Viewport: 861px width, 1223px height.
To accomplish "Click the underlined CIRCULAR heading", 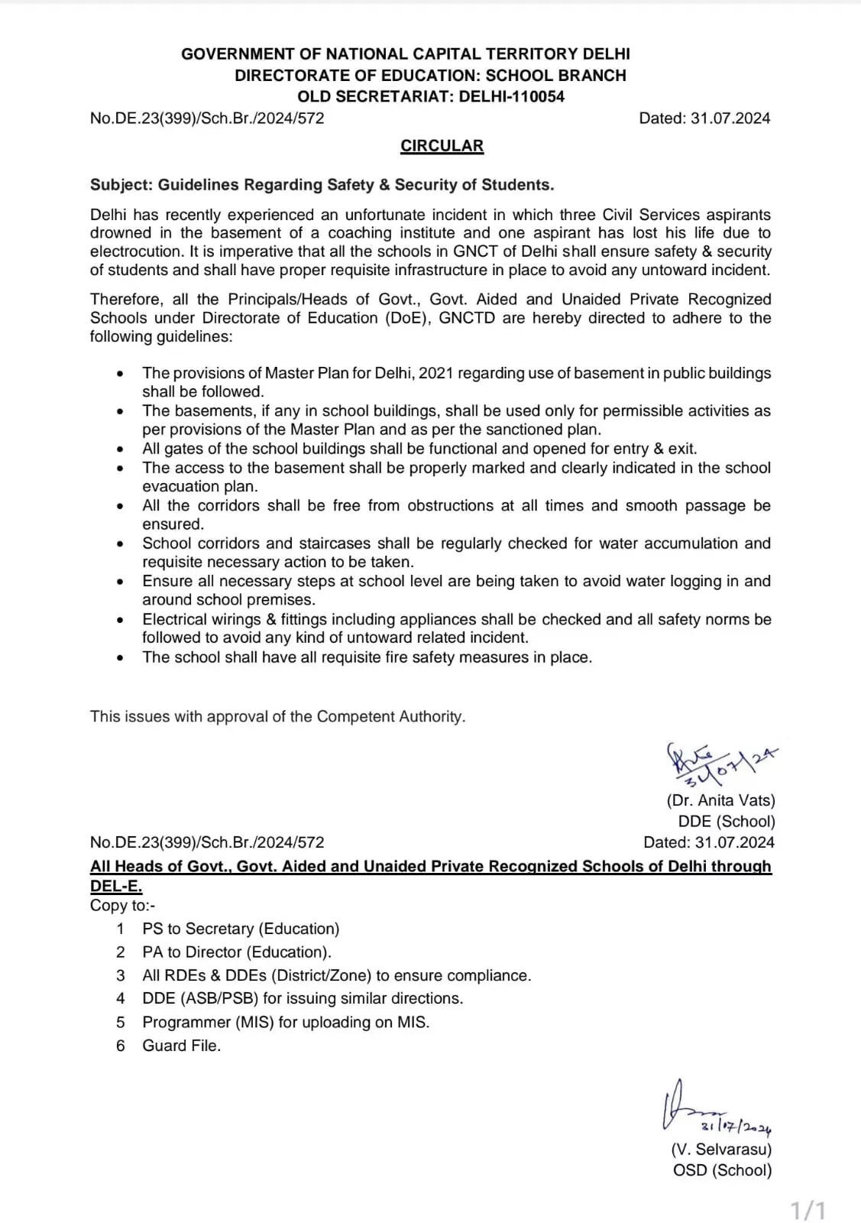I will point(442,146).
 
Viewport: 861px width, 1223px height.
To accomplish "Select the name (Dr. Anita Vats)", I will point(720,800).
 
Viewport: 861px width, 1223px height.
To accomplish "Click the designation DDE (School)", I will point(726,822).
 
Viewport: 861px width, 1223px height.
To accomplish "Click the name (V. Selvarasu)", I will point(721,1149).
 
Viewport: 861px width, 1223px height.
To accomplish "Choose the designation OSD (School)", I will point(722,1170).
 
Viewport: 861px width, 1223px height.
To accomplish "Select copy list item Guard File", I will point(181,1046).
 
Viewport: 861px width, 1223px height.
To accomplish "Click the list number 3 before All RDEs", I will point(121,975).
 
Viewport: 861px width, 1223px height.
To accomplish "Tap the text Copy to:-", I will point(122,905).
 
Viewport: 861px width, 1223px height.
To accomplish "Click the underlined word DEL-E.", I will point(116,887).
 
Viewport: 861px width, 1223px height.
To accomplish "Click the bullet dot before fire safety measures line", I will point(121,658).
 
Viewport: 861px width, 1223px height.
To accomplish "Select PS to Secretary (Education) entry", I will point(241,929).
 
